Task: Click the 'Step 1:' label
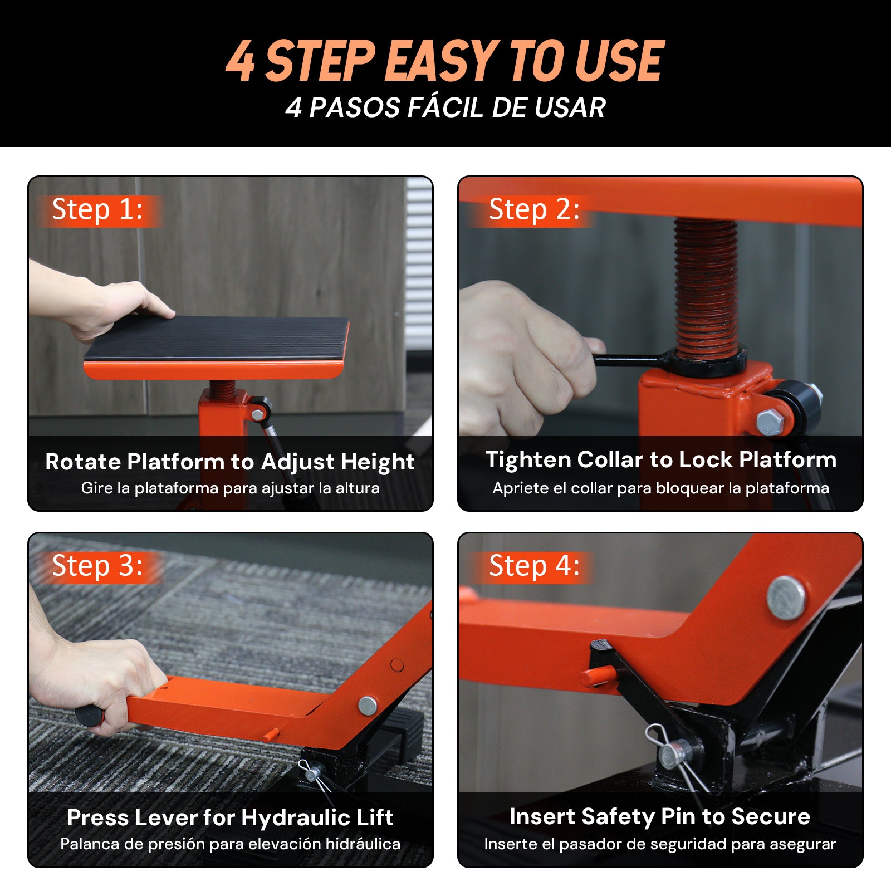point(97,210)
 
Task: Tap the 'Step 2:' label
point(535,210)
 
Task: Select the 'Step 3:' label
point(97,566)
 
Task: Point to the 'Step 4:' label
point(535,566)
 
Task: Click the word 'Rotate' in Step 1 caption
point(83,462)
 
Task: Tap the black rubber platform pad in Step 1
point(217,339)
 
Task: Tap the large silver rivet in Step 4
point(786,597)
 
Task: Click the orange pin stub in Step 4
point(598,676)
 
